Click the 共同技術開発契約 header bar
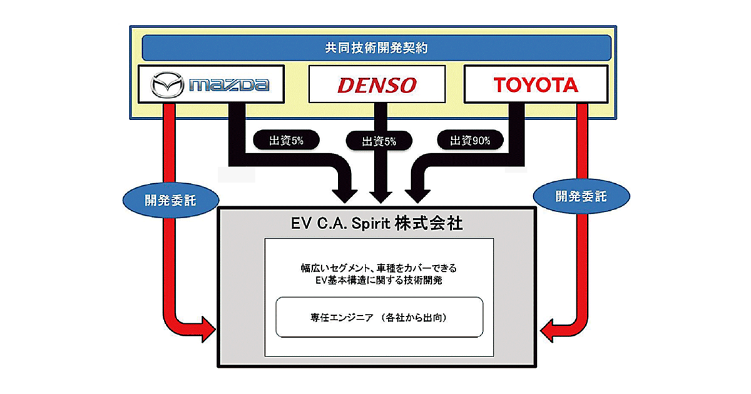(376, 48)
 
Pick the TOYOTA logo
(536, 84)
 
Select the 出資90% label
(470, 140)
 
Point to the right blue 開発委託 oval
(581, 196)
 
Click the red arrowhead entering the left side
(207, 328)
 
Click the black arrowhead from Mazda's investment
(345, 190)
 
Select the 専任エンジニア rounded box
(379, 318)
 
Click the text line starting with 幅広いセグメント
(379, 268)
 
